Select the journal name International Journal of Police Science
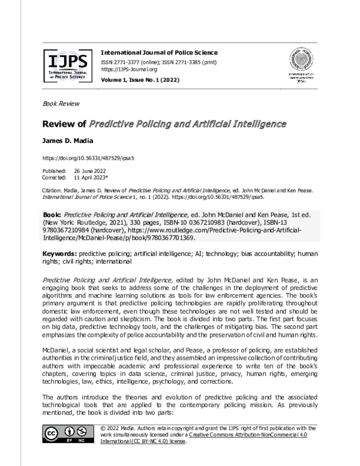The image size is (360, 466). (159, 53)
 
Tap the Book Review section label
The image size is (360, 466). (61, 103)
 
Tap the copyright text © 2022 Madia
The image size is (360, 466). (122, 426)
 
